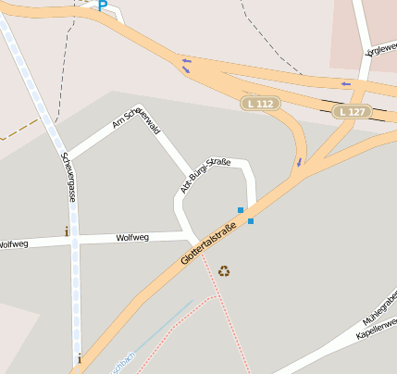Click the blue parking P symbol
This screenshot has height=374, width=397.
(x=102, y=6)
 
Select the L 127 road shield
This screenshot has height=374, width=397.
(x=354, y=112)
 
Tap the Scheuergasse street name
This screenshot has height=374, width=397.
(x=68, y=178)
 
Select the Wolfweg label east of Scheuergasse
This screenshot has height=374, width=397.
(x=132, y=238)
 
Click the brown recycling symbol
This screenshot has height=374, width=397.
(x=225, y=271)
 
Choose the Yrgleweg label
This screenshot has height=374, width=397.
(x=380, y=50)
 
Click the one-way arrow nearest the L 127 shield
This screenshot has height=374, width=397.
(x=346, y=84)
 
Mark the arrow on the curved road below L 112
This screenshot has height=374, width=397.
(x=299, y=163)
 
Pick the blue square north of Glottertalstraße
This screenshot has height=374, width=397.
(x=241, y=210)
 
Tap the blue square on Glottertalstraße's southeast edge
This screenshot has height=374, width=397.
(x=251, y=221)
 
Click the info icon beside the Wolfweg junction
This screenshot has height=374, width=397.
(x=66, y=231)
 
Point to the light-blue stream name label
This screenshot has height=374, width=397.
(x=123, y=363)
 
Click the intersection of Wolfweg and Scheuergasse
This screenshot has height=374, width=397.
(x=75, y=240)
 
